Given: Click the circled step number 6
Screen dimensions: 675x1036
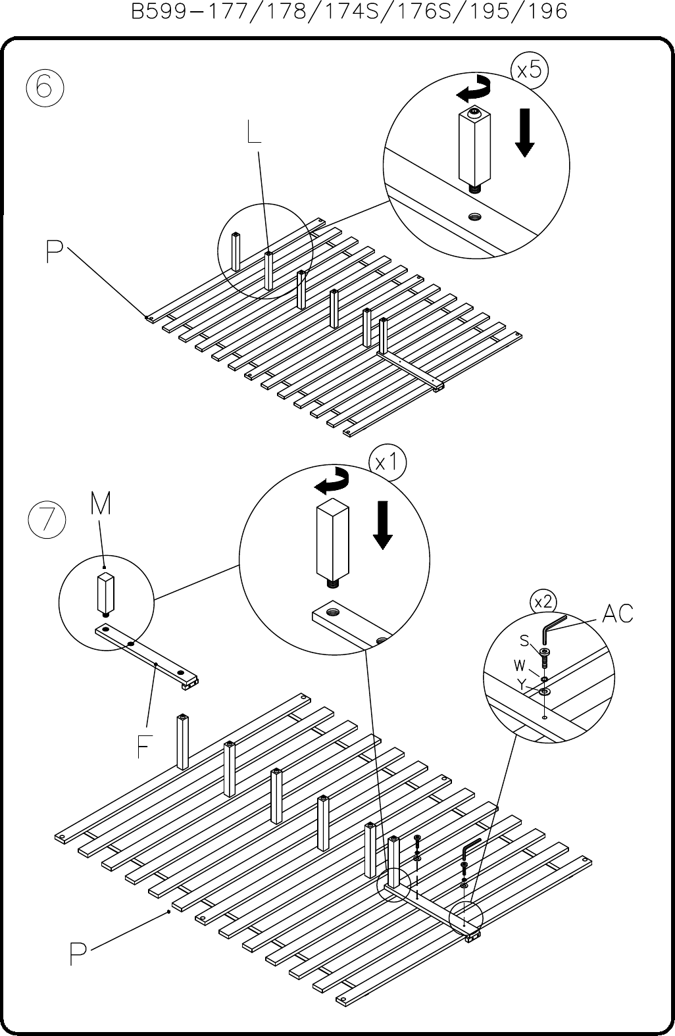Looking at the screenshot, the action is coord(45,87).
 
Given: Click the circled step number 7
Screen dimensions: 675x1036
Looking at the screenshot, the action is coord(47,520).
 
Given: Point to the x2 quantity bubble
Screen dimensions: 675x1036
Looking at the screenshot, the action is coord(543,602).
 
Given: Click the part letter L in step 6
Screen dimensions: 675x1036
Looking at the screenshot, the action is coord(253,133).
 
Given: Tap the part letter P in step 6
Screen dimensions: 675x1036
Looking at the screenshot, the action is coord(54,252).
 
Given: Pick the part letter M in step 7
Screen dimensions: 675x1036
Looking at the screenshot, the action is coord(101,503).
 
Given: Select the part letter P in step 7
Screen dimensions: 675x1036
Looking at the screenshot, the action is coord(78,954).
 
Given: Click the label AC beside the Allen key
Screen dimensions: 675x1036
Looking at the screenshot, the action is coord(618,613).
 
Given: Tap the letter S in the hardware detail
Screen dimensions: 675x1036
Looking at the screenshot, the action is coord(524,641).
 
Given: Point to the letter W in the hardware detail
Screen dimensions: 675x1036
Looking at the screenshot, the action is coord(520,666).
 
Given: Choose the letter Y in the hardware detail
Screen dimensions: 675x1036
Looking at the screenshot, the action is coord(522,685).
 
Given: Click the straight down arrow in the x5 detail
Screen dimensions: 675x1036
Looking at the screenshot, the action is coord(524,133).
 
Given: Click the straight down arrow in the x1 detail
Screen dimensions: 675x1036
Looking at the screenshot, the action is coord(383,526).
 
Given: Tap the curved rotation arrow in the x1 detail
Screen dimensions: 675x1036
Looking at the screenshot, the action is coord(332,481).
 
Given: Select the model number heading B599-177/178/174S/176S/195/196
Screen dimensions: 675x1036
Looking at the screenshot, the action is coord(349,11).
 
